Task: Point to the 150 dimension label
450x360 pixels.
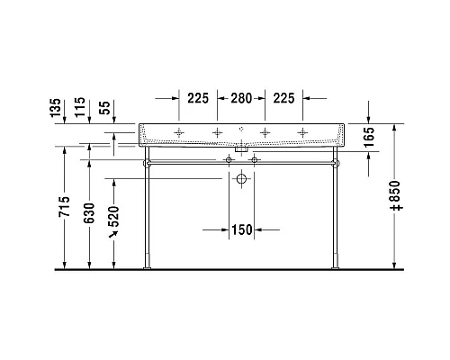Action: (239, 229)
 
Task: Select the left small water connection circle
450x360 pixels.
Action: (229, 160)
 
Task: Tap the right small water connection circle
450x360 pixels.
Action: (255, 160)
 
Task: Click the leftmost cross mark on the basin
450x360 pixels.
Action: (179, 133)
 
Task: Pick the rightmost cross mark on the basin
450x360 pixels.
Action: (301, 133)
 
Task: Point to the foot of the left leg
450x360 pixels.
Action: (146, 264)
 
